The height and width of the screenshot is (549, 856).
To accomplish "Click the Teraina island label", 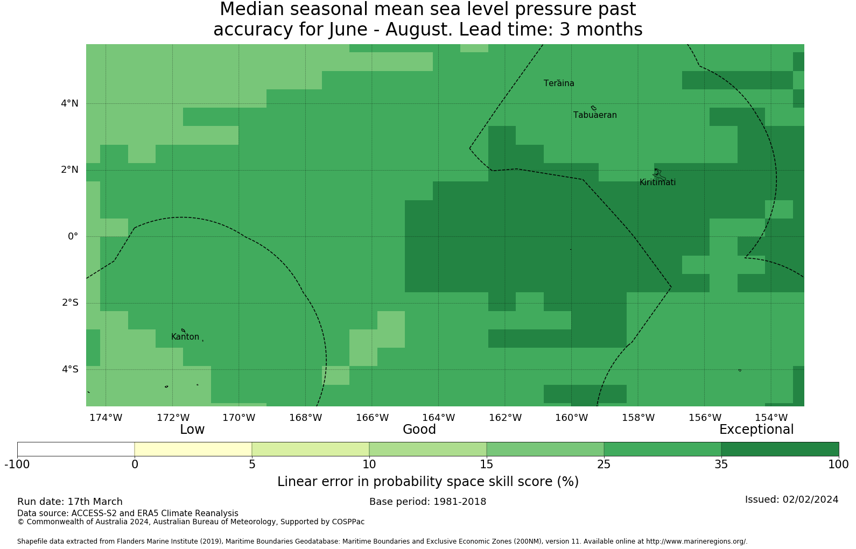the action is (x=559, y=83).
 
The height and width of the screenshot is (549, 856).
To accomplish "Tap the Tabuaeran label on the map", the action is (x=595, y=115).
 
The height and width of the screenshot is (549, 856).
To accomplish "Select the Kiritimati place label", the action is (x=658, y=182).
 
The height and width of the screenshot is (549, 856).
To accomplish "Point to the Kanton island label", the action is (x=185, y=337).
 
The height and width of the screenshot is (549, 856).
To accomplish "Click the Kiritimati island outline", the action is (x=659, y=174).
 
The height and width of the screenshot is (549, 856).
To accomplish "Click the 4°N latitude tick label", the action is (x=69, y=103).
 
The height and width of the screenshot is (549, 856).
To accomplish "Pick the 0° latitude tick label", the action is (x=73, y=236).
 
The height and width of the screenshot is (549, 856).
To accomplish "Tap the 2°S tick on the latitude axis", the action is (x=70, y=303).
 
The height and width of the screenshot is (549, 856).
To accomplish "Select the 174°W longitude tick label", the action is (x=106, y=418).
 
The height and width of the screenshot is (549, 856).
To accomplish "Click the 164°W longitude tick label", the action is (x=438, y=418).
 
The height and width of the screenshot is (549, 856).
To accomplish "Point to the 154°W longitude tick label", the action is (x=771, y=418).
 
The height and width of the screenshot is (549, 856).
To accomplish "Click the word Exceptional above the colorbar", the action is (x=756, y=430).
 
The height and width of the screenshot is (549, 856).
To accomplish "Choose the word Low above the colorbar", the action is (x=192, y=430).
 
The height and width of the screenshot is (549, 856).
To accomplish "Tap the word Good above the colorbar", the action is (x=419, y=430).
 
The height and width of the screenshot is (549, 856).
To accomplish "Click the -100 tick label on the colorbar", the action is (x=17, y=464).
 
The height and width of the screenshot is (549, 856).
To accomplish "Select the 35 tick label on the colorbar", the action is (x=721, y=464).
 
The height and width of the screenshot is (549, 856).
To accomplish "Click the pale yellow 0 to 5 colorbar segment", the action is (x=193, y=449).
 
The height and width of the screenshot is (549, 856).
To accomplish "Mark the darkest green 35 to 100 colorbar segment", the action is (x=780, y=449).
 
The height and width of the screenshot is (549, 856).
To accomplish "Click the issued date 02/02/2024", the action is (x=811, y=499).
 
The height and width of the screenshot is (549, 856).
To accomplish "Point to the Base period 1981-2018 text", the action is (x=427, y=502).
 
